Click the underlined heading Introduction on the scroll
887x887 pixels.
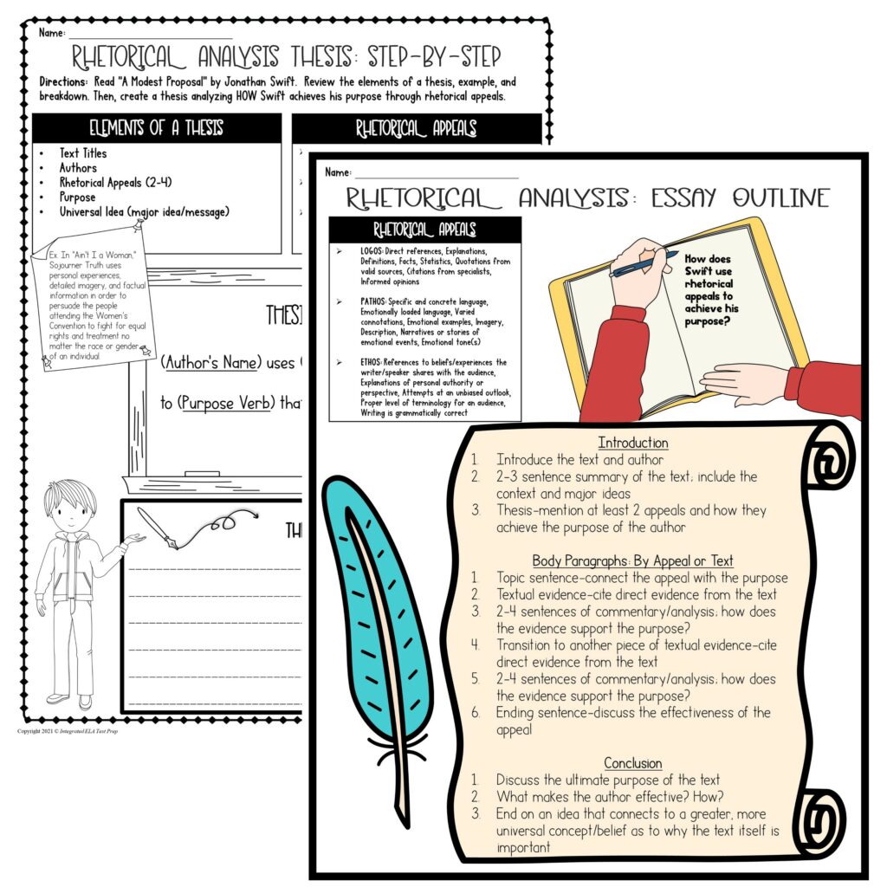tap(633, 443)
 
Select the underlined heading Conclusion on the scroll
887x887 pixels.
tap(633, 763)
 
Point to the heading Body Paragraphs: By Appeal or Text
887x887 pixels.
tap(633, 560)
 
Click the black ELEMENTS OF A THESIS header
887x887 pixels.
tap(157, 128)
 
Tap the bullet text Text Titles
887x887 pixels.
tap(83, 153)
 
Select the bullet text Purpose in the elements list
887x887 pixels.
tap(77, 197)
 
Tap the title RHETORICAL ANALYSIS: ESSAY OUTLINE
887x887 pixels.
tap(587, 197)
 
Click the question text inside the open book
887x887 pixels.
tap(709, 289)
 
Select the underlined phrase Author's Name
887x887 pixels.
tap(211, 363)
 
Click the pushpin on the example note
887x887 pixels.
tap(138, 226)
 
